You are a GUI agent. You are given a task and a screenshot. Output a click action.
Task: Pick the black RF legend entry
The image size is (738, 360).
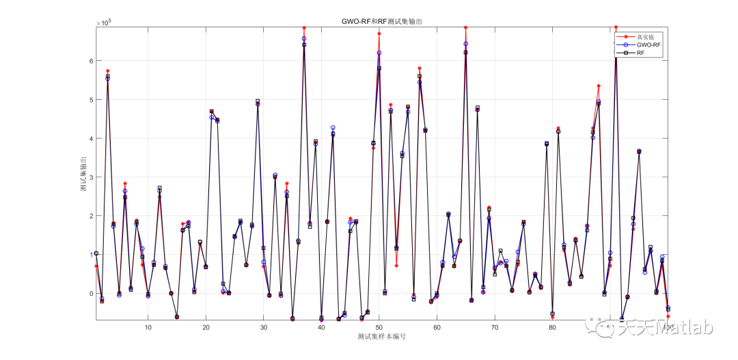(640, 53)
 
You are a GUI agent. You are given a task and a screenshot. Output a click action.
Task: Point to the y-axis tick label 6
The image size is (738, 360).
(90, 61)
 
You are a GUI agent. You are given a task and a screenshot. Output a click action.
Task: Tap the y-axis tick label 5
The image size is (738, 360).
(90, 100)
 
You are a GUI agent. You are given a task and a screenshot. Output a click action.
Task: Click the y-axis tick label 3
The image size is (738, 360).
(90, 177)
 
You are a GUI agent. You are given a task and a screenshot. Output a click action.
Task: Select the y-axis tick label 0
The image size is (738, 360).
(90, 294)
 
